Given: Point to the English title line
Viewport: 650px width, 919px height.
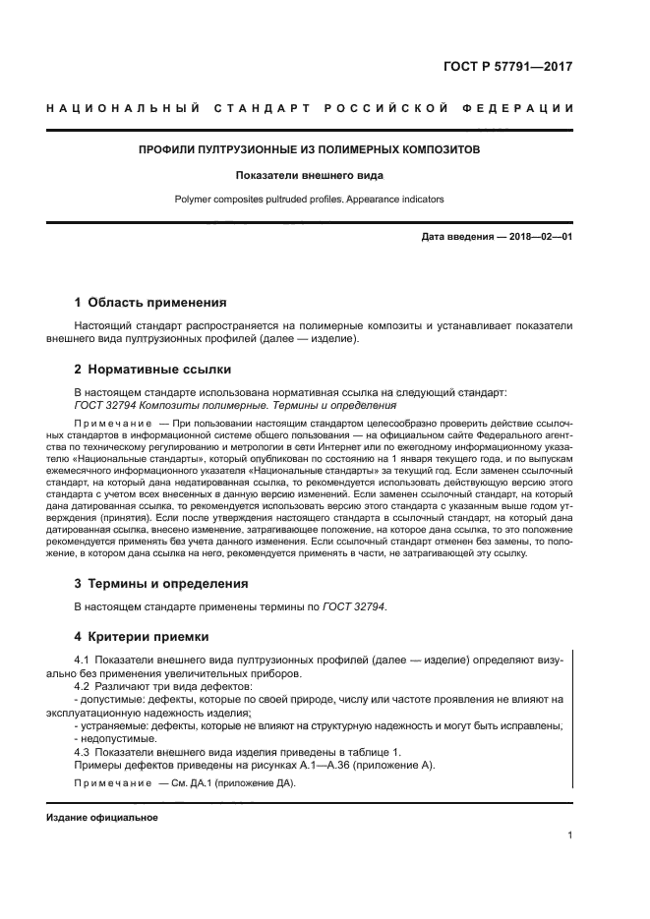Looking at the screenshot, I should point(310,199).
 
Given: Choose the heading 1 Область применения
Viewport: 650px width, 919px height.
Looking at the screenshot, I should point(151,303).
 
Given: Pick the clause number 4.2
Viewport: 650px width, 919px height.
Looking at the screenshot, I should point(84,686).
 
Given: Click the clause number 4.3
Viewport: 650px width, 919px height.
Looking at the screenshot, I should point(84,751).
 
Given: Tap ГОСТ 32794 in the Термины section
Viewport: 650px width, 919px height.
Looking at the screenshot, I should point(354,607).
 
